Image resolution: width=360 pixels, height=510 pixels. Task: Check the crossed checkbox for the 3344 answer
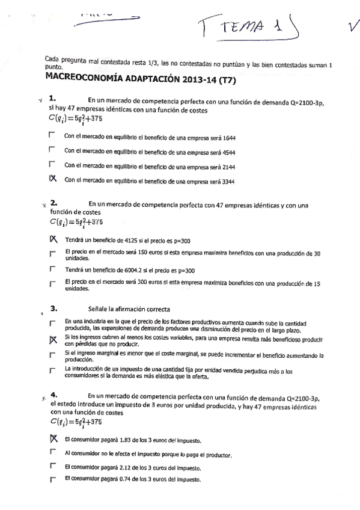coord(52,179)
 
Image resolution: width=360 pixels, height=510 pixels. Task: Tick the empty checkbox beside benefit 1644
coord(52,136)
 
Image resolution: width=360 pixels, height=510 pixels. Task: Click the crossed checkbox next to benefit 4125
coord(53,239)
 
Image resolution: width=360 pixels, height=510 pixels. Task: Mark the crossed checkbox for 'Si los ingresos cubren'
coord(53,340)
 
